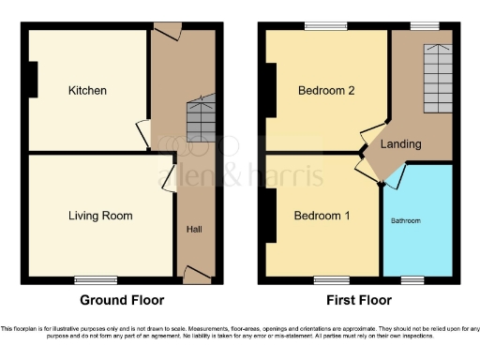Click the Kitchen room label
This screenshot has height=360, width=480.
tap(87, 91)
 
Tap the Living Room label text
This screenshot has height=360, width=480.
tap(100, 216)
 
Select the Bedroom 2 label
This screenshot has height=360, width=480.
tap(324, 91)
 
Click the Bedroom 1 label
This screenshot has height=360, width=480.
tap(322, 216)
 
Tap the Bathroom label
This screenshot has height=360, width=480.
tap(406, 221)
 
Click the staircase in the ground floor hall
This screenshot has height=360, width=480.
tap(201, 119)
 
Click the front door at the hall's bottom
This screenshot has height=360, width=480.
tap(197, 274)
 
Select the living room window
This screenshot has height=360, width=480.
tap(97, 279)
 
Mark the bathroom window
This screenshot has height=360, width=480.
tap(413, 279)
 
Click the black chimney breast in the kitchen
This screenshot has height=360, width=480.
tap(33, 80)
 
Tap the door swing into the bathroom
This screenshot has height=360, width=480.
tap(397, 176)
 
